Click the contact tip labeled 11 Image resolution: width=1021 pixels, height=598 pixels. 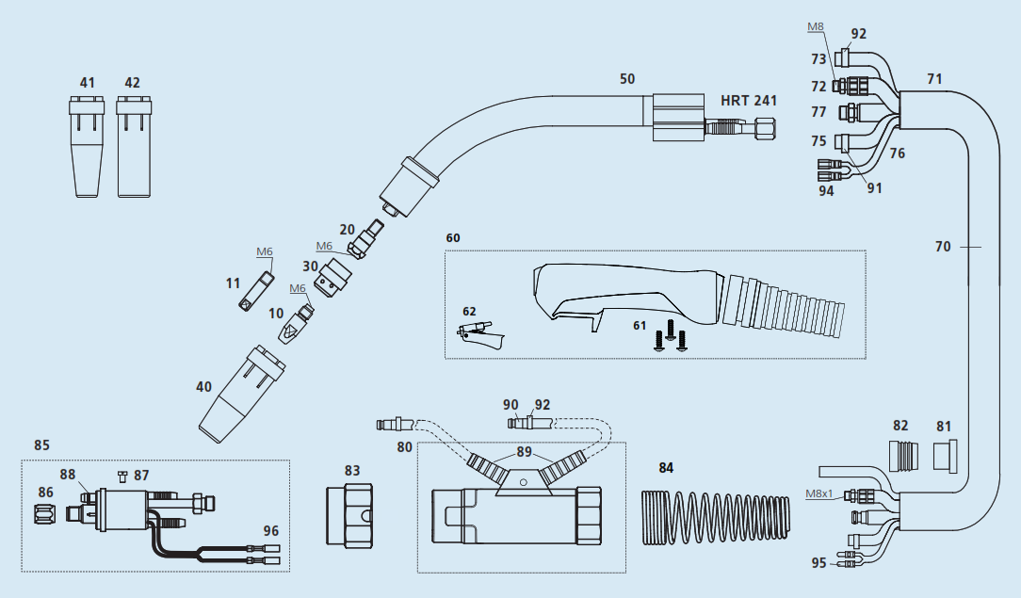point(254,292)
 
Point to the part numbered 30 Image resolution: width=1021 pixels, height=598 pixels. point(334,278)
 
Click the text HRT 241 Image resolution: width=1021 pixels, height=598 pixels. point(749,101)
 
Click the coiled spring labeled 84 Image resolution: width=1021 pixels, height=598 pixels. point(716,517)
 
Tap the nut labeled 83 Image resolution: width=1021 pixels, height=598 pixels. point(349,515)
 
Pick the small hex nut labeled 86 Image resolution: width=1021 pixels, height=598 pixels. point(45,512)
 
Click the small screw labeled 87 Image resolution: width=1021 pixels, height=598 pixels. point(122,477)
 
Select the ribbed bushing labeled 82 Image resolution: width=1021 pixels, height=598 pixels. point(904,455)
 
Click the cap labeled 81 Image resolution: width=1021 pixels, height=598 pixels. point(946,455)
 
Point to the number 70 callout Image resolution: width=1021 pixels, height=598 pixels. point(943,247)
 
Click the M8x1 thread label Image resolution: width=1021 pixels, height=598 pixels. point(819,493)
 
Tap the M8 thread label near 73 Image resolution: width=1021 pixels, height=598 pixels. point(816,26)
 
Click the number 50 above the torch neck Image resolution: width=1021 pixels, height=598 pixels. point(627,79)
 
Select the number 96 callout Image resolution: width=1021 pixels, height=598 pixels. point(271,531)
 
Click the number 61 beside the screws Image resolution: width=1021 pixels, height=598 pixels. point(640,325)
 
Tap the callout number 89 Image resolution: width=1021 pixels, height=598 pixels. point(525,452)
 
